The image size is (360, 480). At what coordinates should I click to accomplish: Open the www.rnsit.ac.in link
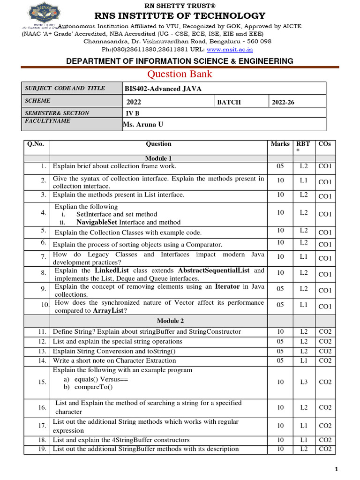230,49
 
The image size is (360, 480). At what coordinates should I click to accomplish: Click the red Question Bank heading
180,74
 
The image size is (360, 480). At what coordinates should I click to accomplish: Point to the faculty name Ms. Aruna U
143,124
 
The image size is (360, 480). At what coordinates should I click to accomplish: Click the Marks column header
280,144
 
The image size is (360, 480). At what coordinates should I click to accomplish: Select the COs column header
324,144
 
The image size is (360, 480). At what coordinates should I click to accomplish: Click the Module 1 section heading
158,158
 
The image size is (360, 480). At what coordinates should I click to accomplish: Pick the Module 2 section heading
171,321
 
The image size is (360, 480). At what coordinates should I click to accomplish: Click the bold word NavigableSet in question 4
97,222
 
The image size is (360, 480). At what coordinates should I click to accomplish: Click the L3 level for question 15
304,382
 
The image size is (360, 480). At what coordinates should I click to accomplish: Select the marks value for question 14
280,360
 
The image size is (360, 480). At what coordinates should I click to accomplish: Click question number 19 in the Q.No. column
42,449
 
